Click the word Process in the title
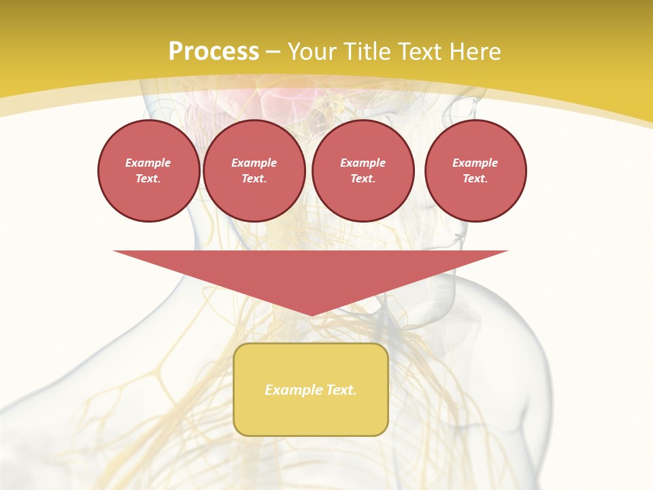[x=214, y=52]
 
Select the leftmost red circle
[x=148, y=170]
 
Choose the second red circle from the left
[x=254, y=170]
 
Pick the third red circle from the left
[x=363, y=170]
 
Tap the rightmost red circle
[x=475, y=170]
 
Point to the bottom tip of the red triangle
[x=311, y=314]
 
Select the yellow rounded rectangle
[x=311, y=389]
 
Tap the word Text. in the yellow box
[x=341, y=390]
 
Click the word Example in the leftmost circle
[x=148, y=163]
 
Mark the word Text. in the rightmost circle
[x=475, y=178]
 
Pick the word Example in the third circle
[x=363, y=163]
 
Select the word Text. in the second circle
[x=254, y=178]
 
